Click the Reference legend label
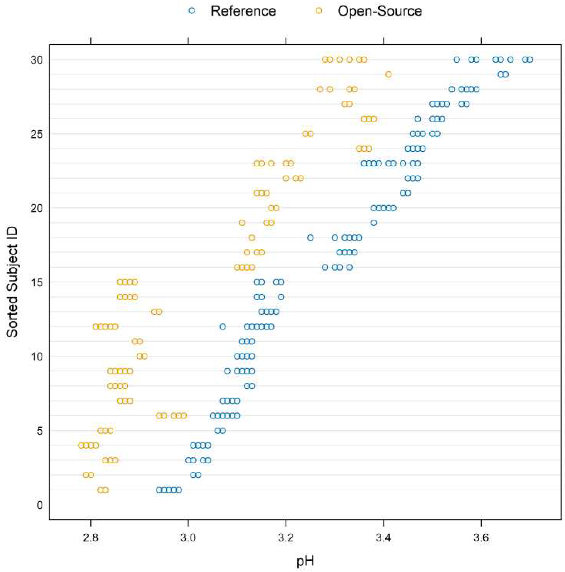243,11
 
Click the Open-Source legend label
380,11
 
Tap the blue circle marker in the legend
192,11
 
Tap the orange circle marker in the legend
319,11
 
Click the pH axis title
305,561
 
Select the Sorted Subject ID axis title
12,282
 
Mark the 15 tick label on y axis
37,283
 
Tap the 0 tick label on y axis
40,505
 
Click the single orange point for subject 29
389,74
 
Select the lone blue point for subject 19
374,223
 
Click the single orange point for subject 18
252,237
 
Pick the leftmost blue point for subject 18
310,237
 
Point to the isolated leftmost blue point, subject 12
223,327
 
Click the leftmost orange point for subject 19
242,223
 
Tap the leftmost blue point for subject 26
417,119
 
